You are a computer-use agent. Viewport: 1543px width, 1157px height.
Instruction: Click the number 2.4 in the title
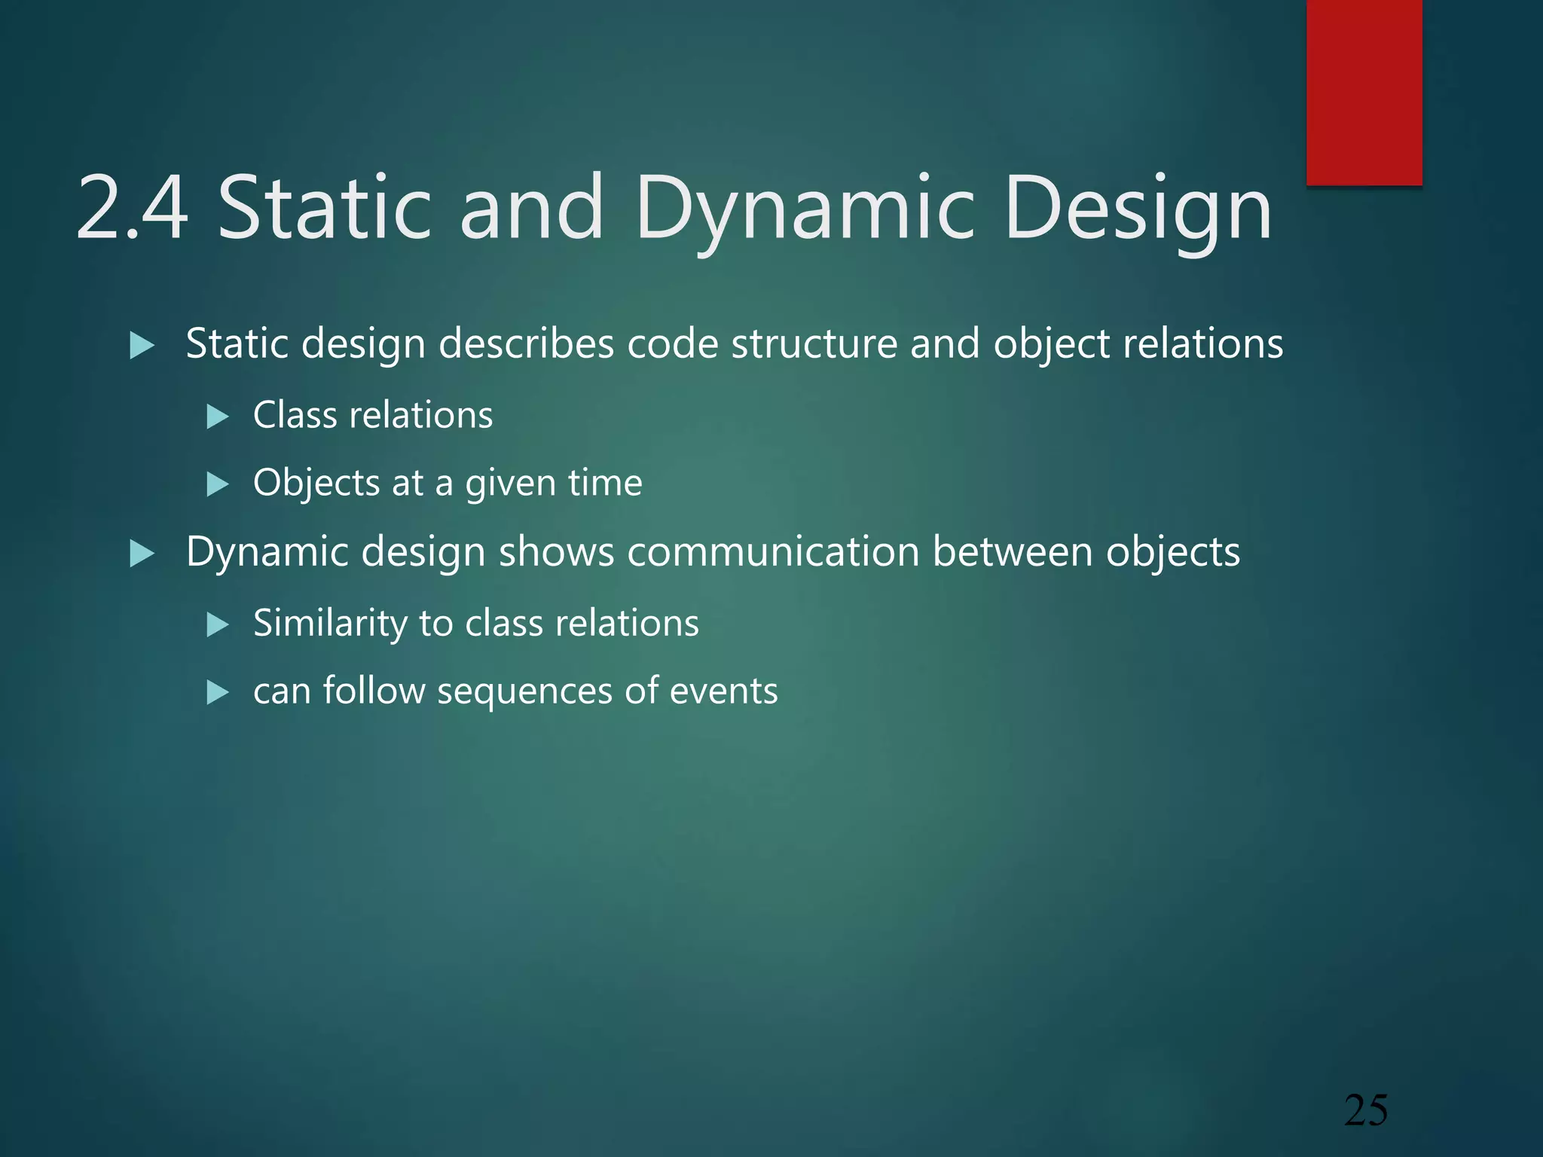point(131,208)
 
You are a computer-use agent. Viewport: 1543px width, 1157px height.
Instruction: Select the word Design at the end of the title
point(1138,208)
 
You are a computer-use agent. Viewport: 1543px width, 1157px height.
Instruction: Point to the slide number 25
point(1366,1110)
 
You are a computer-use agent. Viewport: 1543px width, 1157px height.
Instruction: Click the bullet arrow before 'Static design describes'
point(142,346)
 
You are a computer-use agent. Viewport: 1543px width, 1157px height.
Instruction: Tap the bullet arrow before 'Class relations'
point(217,417)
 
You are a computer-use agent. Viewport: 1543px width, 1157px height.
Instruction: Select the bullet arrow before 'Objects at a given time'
point(217,484)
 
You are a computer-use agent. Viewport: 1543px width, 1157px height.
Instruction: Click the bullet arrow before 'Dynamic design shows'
point(142,554)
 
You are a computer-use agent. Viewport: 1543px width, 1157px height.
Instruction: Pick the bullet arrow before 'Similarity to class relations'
point(217,624)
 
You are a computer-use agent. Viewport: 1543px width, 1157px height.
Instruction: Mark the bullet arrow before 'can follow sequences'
point(217,692)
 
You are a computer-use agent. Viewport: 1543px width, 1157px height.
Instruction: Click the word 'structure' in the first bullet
point(814,344)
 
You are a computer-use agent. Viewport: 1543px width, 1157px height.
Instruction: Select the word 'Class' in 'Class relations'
point(295,415)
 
